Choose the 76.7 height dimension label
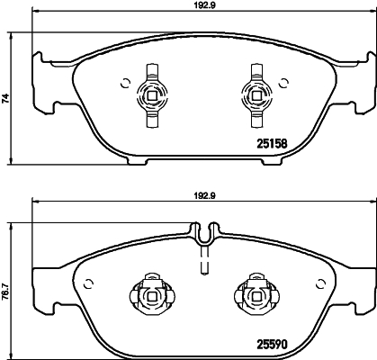coord(5,292)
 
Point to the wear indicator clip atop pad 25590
coord(203,237)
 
